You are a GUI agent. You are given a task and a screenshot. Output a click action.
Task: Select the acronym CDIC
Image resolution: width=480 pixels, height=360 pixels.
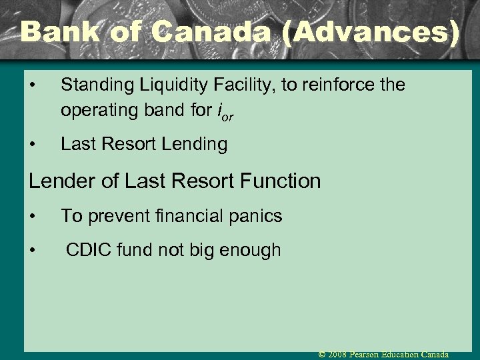pos(87,250)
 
